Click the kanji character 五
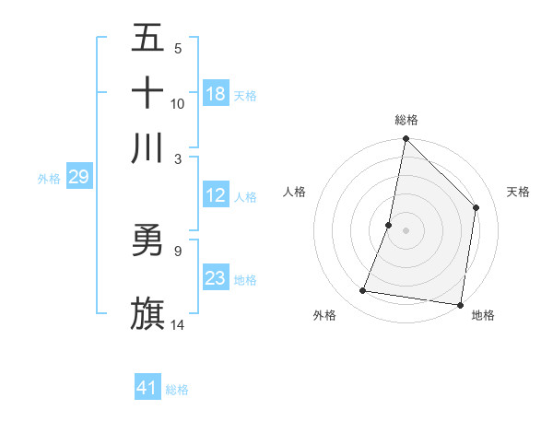click(148, 40)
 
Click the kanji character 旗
click(148, 312)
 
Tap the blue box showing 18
click(216, 94)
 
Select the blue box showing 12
click(216, 195)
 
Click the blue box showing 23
click(216, 278)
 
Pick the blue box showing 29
click(78, 177)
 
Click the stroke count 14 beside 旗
click(178, 324)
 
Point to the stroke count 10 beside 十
click(178, 104)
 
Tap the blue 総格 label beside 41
click(177, 390)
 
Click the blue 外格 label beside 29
click(49, 179)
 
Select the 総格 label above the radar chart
click(406, 120)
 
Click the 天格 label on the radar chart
click(519, 192)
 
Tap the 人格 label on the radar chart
click(295, 192)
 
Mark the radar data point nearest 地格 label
click(460, 304)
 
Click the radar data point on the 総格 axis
click(406, 140)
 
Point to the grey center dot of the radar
click(406, 230)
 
